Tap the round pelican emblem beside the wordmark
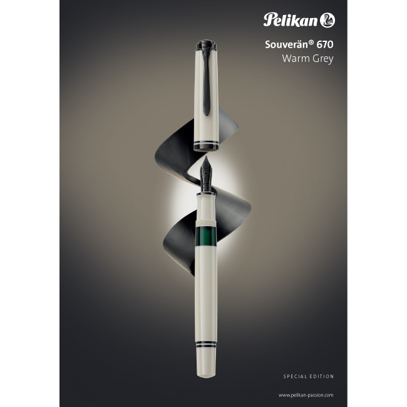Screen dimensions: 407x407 point(327,21)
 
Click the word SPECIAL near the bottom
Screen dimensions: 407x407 point(294,376)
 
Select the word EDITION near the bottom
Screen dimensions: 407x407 point(322,376)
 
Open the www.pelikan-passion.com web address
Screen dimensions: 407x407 point(306,395)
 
